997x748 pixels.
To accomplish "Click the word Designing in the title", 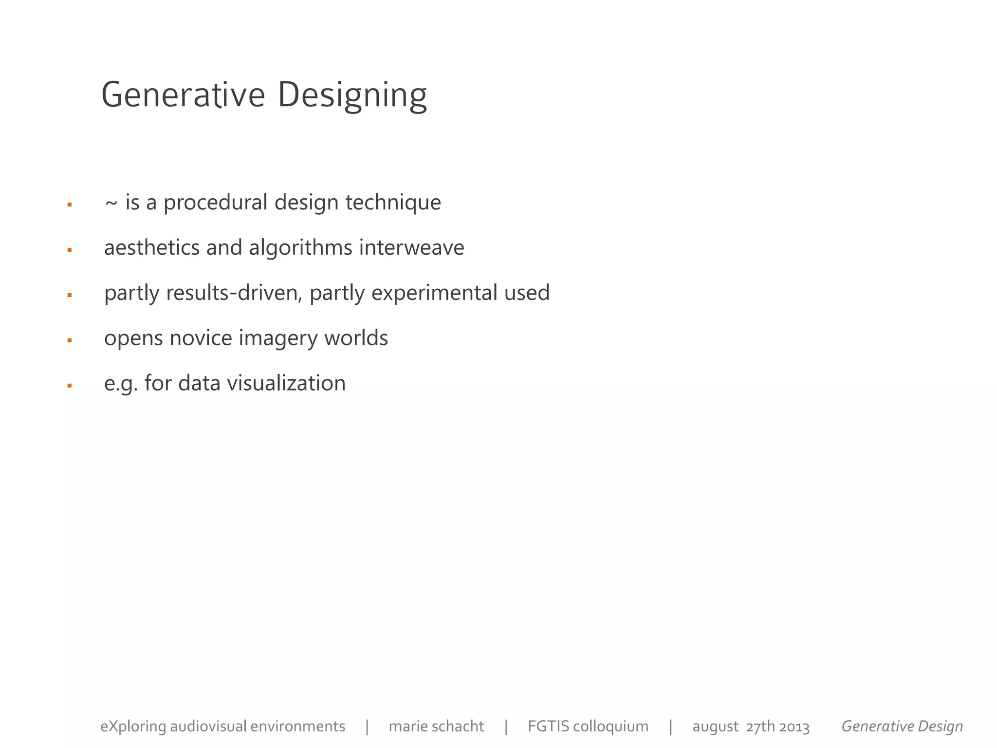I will point(352,95).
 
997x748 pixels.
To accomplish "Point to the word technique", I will point(393,203).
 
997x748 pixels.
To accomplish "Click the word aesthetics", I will point(152,247).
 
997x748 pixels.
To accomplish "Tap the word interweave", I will point(411,247).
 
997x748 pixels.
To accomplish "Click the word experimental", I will point(434,293).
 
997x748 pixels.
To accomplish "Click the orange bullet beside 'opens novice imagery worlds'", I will point(70,340).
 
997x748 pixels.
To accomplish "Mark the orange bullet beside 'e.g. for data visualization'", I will point(70,386).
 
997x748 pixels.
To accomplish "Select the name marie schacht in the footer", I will point(436,726).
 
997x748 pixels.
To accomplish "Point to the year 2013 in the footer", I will point(794,727).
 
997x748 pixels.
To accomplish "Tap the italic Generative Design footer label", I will point(902,726).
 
